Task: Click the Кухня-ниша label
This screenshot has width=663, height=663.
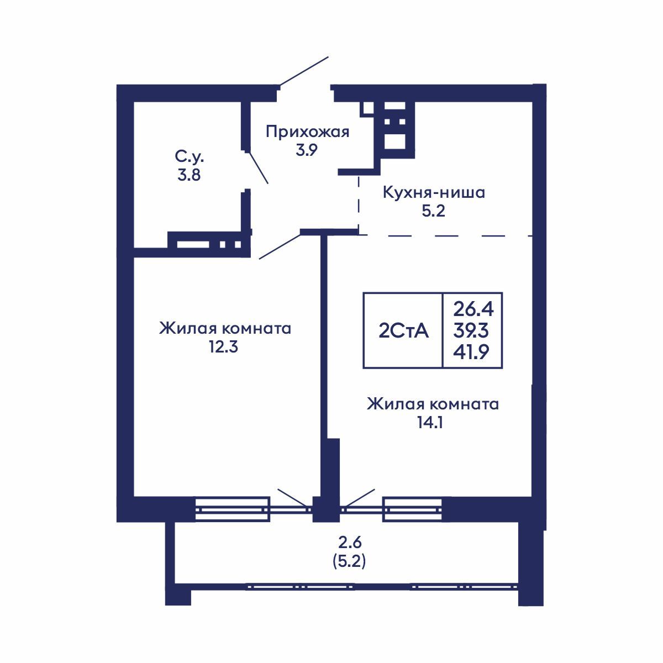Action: pyautogui.click(x=434, y=193)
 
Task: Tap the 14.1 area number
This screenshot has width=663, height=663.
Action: pyautogui.click(x=433, y=423)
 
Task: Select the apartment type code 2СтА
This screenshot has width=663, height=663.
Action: pyautogui.click(x=403, y=330)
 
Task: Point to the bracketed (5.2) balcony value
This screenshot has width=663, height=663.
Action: pyautogui.click(x=349, y=561)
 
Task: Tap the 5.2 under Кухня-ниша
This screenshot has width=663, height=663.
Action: pyautogui.click(x=433, y=212)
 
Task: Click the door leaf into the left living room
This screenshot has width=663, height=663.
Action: pyautogui.click(x=280, y=245)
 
